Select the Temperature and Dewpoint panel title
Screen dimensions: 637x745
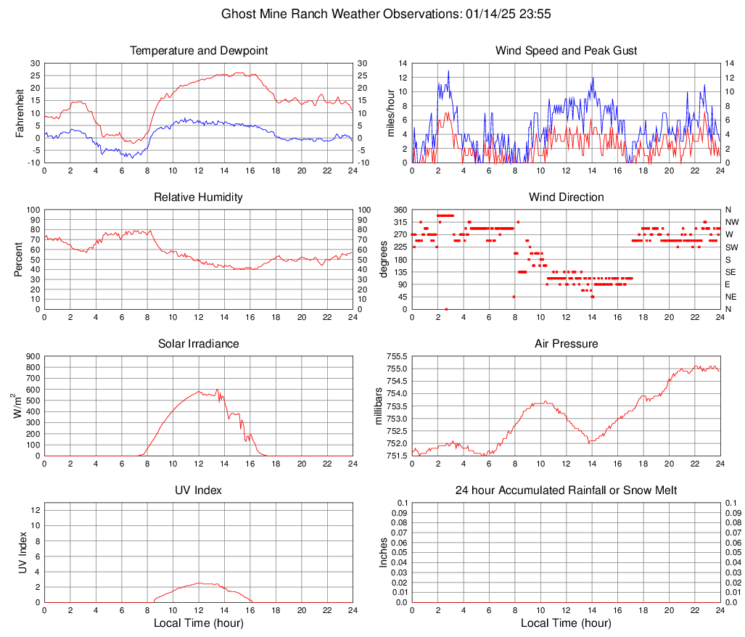tap(198, 51)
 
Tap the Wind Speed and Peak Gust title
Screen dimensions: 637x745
tap(566, 51)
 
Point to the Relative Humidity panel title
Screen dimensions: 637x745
tap(198, 197)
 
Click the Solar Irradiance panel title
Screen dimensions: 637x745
tap(198, 344)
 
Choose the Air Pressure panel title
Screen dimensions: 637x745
tap(566, 344)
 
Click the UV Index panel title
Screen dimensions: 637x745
tap(198, 490)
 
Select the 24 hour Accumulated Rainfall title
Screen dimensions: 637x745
tap(566, 490)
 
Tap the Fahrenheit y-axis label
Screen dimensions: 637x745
tap(20, 113)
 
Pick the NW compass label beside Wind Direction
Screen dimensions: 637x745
tap(732, 222)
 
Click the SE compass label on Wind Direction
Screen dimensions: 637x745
tap(731, 272)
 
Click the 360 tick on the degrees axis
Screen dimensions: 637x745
tap(399, 210)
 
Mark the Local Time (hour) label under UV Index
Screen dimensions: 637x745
tap(198, 623)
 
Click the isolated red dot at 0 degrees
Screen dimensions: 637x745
tap(446, 309)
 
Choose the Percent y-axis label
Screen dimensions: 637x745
tap(19, 260)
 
